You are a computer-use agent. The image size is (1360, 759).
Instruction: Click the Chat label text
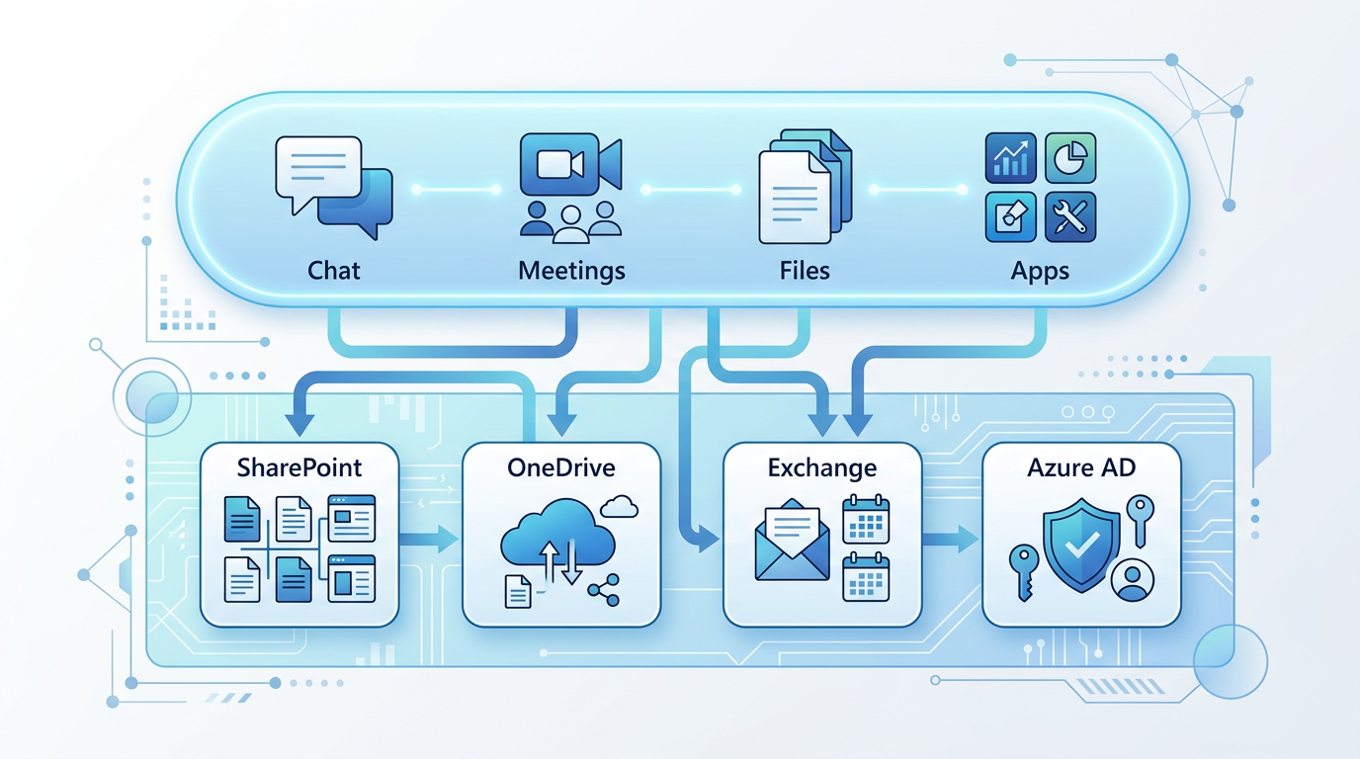[x=334, y=270]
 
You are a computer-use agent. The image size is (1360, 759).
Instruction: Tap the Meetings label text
[x=571, y=270]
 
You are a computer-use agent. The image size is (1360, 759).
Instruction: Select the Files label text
[x=805, y=270]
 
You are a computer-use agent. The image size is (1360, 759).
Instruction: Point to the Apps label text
[x=1040, y=270]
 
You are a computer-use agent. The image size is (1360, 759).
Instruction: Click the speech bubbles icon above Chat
[x=333, y=186]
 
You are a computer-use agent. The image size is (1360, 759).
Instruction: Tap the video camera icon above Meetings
[x=570, y=163]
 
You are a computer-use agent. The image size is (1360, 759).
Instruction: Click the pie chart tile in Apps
[x=1070, y=157]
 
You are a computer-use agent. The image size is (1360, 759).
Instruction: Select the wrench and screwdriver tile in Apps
[x=1070, y=217]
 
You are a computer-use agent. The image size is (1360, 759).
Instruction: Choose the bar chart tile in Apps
[x=1010, y=157]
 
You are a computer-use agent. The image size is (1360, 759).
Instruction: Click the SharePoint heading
[x=299, y=466]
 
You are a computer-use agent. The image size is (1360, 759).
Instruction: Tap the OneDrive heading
[x=560, y=466]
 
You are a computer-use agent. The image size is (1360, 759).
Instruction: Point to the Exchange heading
[x=822, y=466]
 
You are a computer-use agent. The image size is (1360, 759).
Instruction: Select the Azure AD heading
[x=1082, y=466]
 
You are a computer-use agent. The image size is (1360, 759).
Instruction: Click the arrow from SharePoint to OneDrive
[x=431, y=539]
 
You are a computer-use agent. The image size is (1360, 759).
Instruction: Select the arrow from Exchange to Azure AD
[x=951, y=539]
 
